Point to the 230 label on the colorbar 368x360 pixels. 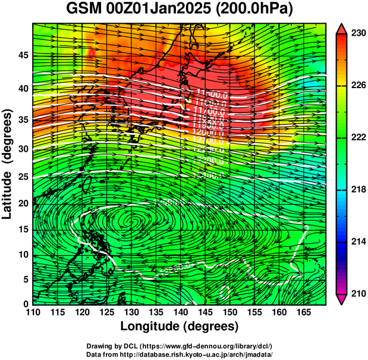pos(356,34)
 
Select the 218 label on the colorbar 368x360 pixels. pos(356,189)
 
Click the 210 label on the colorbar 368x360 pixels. pos(356,293)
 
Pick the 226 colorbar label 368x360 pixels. pos(356,86)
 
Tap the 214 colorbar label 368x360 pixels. pos(356,241)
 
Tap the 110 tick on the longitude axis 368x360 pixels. pos(33,312)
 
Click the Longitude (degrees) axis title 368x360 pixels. pos(180,326)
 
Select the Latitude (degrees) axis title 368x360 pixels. pos(8,163)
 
